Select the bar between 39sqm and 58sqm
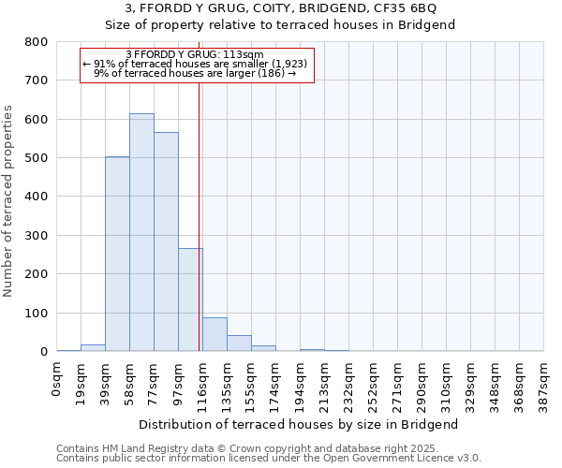(117, 254)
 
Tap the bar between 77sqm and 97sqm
(166, 241)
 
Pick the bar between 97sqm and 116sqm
(190, 300)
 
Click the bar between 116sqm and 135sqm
(214, 334)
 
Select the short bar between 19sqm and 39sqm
(93, 347)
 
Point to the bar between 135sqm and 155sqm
(239, 343)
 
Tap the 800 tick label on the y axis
(37, 42)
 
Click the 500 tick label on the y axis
(37, 158)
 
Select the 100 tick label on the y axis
(37, 313)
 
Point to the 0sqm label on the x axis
(57, 382)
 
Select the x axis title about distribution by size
(299, 424)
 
